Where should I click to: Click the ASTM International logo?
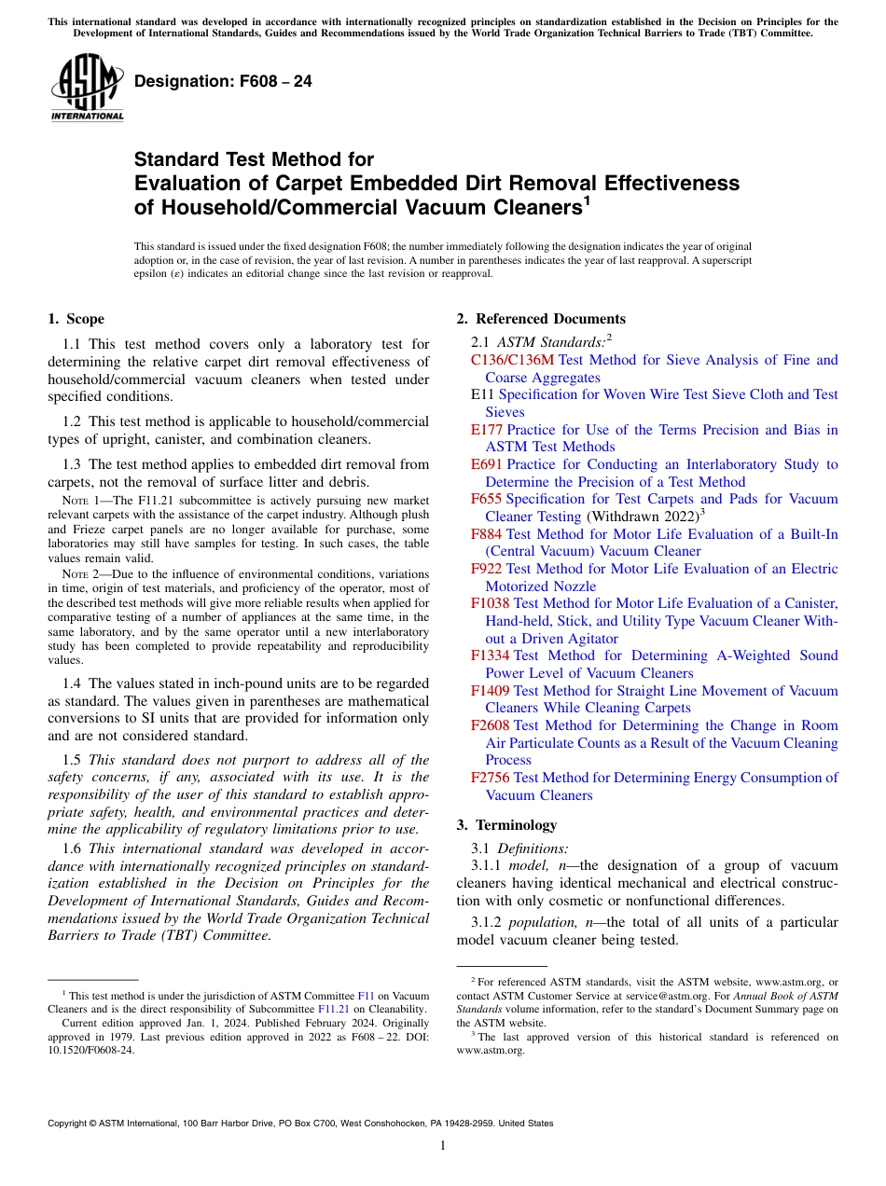[87, 88]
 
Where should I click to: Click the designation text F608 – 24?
[223, 82]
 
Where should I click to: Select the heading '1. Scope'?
[76, 319]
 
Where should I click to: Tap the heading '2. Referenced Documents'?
[541, 319]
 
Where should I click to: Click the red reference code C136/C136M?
[512, 360]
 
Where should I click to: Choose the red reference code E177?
[487, 430]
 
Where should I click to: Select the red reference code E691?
[487, 464]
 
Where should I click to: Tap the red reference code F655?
[487, 499]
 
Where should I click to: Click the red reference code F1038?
[491, 603]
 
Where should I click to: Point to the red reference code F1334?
[491, 655]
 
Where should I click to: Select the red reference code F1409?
[491, 691]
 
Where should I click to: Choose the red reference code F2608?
[491, 725]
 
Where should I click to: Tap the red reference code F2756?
[491, 778]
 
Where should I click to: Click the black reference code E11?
[482, 394]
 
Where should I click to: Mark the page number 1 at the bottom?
[443, 1146]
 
